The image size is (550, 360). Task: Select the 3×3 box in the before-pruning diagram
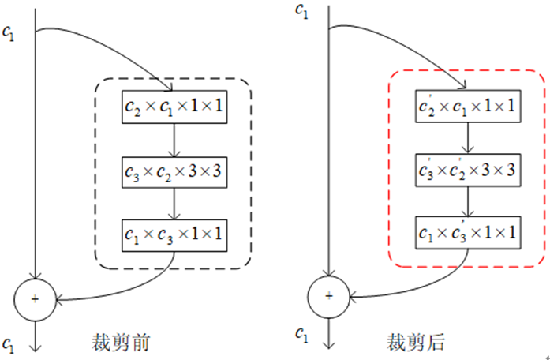174,170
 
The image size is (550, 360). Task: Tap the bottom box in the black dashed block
174,233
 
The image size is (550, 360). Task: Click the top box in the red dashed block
467,106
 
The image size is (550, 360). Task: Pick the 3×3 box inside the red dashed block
467,169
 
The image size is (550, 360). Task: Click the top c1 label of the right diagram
301,9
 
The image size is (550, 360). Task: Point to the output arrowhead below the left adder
36,346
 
